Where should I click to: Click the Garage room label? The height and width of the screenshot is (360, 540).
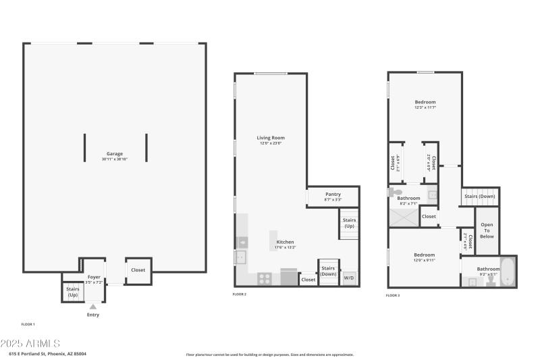[x=114, y=153]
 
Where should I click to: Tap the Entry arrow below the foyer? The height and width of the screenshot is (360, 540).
[x=93, y=307]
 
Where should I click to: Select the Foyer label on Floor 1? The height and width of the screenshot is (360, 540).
[x=93, y=277]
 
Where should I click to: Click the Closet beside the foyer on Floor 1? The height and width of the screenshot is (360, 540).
[x=138, y=270]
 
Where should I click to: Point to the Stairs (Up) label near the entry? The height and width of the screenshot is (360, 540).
[x=72, y=292]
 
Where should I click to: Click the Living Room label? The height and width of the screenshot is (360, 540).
[x=270, y=138]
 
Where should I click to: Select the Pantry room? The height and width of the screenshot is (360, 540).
[x=333, y=195]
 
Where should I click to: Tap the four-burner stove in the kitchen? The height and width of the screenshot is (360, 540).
[x=265, y=277]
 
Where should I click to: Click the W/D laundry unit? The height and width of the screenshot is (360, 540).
[x=349, y=278]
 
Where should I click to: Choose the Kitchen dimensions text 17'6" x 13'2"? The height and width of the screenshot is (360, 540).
[x=285, y=248]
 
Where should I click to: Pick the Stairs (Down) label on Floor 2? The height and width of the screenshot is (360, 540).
[x=328, y=271]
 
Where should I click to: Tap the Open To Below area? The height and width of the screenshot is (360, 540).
[x=487, y=231]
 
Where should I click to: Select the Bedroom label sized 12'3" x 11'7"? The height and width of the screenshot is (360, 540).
[x=425, y=102]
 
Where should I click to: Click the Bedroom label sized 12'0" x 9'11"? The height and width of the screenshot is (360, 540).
[x=424, y=255]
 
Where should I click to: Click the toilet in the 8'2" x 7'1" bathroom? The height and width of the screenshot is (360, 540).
[x=394, y=192]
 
